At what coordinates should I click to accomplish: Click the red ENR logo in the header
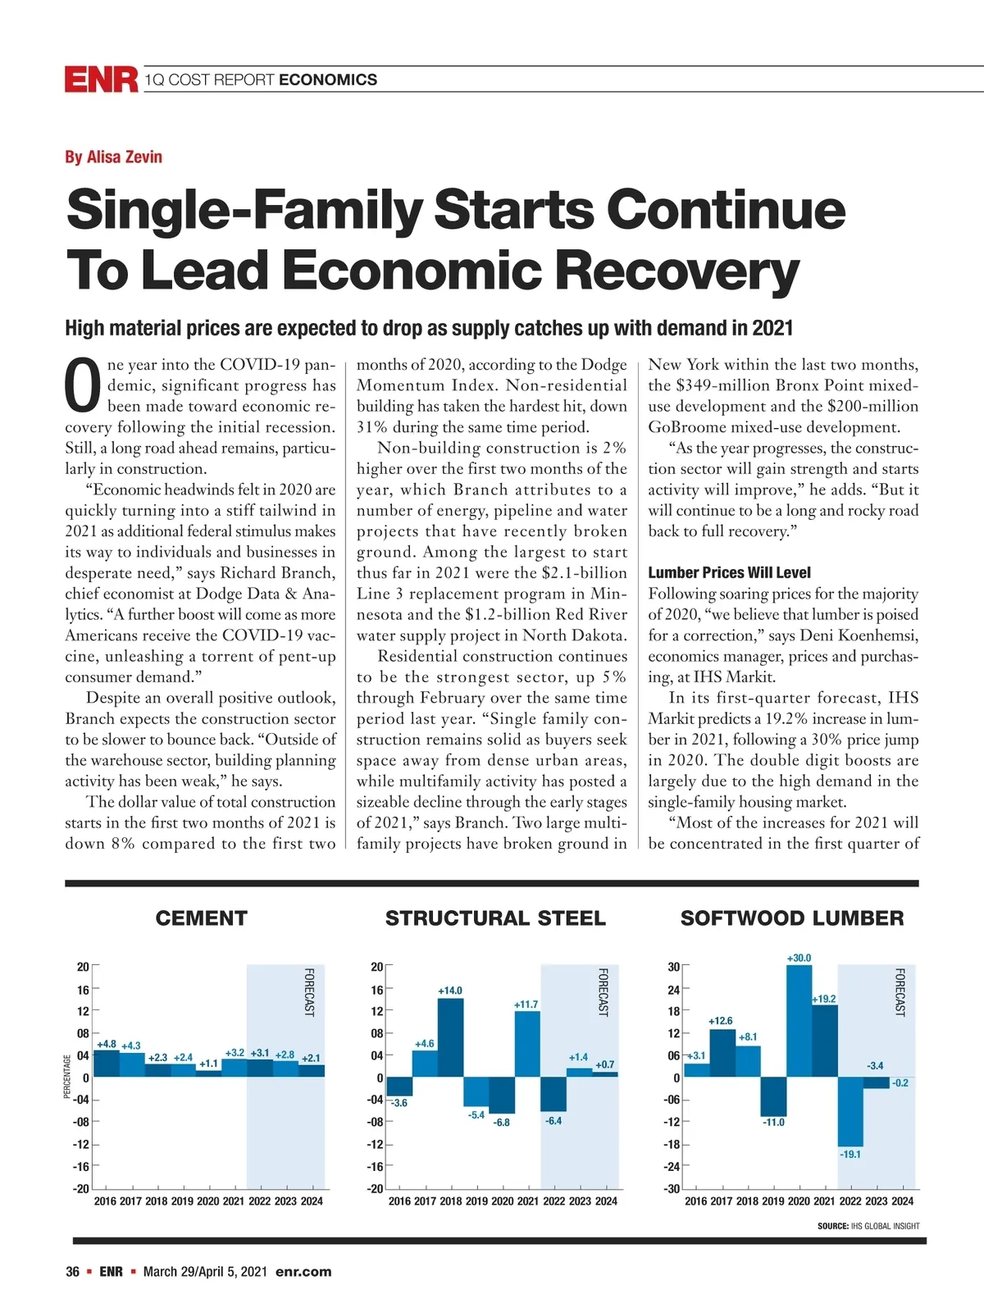(101, 80)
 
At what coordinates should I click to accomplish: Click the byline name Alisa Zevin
(113, 157)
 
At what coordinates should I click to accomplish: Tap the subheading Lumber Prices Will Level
(729, 572)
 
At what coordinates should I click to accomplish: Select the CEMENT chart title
(201, 918)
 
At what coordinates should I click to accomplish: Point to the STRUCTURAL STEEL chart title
(495, 918)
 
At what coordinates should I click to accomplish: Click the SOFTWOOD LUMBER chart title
(792, 918)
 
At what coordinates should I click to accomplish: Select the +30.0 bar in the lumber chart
(799, 1021)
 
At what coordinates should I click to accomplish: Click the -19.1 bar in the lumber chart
(850, 1111)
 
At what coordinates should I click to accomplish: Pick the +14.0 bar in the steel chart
(450, 1037)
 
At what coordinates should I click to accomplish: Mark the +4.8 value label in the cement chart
(107, 1044)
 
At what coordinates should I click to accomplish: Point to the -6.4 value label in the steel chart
(553, 1121)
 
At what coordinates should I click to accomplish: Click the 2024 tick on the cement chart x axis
(312, 1201)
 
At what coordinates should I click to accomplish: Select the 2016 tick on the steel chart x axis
(399, 1201)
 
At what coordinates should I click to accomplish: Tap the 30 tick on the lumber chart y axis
(673, 967)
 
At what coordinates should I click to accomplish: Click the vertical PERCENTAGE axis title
(68, 1077)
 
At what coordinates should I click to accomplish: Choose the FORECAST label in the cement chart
(309, 992)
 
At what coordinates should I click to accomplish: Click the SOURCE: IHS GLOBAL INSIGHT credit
(868, 1226)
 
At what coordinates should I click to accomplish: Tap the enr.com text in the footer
(303, 1272)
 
